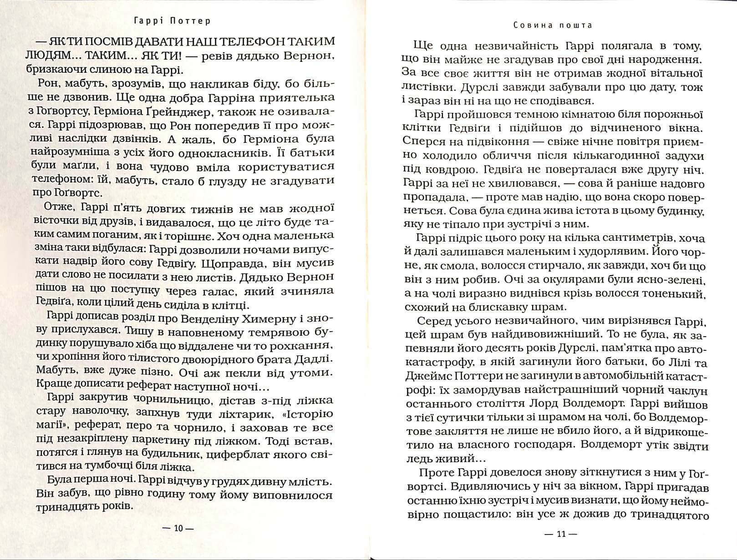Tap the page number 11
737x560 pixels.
(560, 534)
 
